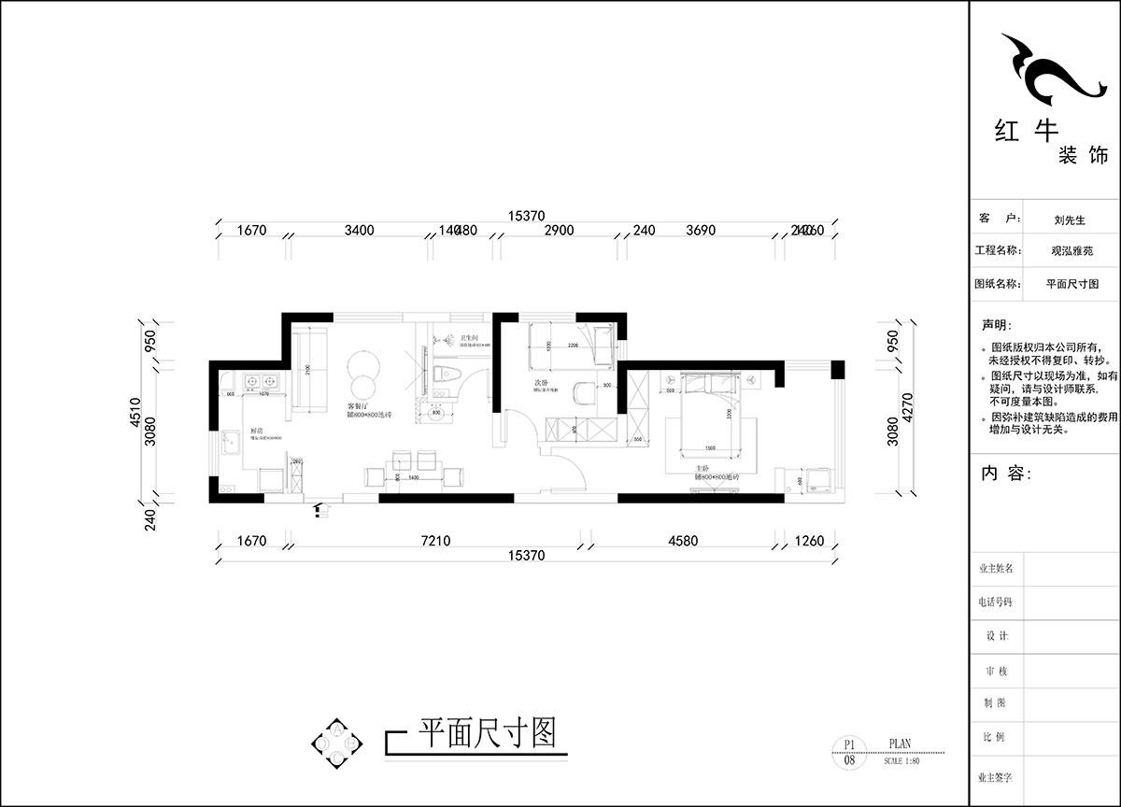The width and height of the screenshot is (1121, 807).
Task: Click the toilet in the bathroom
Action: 449,375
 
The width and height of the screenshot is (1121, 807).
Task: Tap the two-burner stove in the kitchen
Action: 260,381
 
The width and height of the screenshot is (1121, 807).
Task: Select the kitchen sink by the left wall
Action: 232,447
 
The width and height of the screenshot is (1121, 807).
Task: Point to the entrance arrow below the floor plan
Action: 323,509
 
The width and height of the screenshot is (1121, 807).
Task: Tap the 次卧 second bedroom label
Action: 540,383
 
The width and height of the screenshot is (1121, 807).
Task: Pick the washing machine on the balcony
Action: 820,479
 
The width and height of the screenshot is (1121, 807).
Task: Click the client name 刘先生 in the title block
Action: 1069,221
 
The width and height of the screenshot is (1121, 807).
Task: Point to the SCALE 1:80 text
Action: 901,761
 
